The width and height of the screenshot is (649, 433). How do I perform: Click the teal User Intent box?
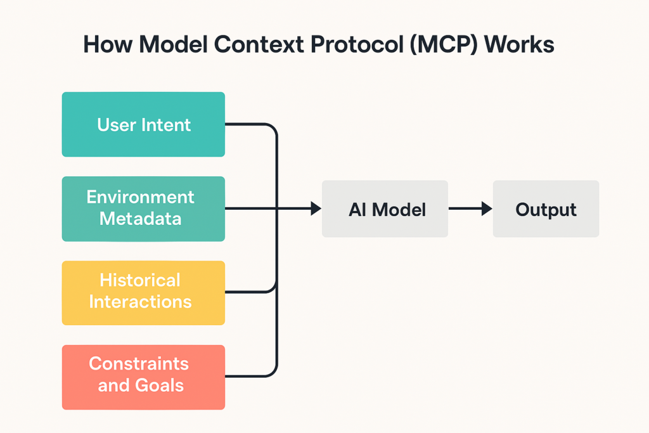[x=143, y=124]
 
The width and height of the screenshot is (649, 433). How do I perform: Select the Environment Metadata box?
[x=143, y=209]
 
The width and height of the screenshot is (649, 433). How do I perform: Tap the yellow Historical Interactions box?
[x=143, y=293]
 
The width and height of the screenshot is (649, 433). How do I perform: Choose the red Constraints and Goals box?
[x=143, y=377]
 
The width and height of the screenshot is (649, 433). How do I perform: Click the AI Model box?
[x=385, y=209]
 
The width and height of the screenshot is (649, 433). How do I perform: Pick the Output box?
[x=546, y=209]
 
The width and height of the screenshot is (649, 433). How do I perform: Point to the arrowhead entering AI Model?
[x=316, y=209]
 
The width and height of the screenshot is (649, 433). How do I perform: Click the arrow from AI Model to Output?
[x=471, y=209]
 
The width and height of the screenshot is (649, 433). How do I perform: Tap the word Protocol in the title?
[x=357, y=44]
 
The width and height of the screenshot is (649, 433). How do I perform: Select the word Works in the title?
[x=519, y=44]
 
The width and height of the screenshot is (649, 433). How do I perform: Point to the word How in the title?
[x=108, y=44]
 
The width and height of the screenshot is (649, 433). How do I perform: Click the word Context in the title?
[x=259, y=44]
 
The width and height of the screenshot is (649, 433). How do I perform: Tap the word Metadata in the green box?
[x=140, y=219]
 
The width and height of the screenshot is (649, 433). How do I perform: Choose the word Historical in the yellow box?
[x=140, y=280]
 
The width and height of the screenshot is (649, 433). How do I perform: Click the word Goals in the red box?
[x=159, y=385]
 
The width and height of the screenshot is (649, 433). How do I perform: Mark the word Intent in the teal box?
[x=166, y=125]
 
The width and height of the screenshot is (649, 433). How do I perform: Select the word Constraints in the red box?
[x=139, y=364]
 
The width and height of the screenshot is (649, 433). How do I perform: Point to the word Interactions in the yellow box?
[x=140, y=302]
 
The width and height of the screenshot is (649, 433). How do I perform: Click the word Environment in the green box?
[x=140, y=197]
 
